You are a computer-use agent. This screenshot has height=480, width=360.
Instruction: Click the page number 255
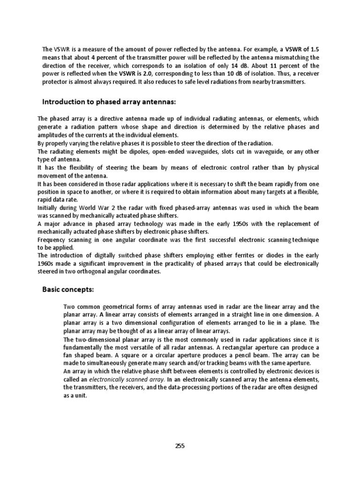coord(180,446)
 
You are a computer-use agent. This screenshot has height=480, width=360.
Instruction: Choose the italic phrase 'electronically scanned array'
coord(124,379)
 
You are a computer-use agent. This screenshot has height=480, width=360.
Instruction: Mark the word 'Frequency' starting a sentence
coord(52,240)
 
